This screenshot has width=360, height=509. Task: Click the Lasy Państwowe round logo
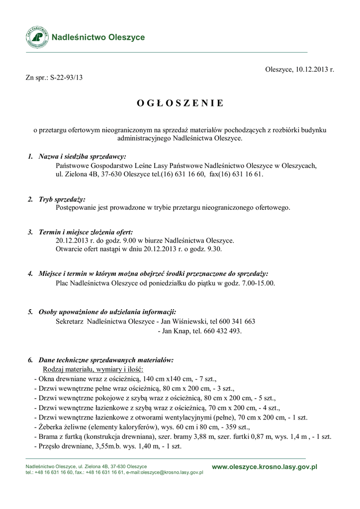[x=38, y=37]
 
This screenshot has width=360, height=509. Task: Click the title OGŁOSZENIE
[x=180, y=103]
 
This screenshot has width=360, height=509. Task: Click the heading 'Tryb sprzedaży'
[x=62, y=199]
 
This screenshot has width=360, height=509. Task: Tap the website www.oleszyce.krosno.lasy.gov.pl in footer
[x=265, y=467]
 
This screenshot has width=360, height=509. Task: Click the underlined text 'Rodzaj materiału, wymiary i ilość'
[x=93, y=369]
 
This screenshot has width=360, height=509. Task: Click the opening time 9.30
[x=213, y=249]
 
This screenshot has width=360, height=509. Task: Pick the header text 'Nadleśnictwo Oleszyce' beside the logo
[x=98, y=37]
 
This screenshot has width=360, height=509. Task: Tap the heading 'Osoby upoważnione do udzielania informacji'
[x=107, y=312]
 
